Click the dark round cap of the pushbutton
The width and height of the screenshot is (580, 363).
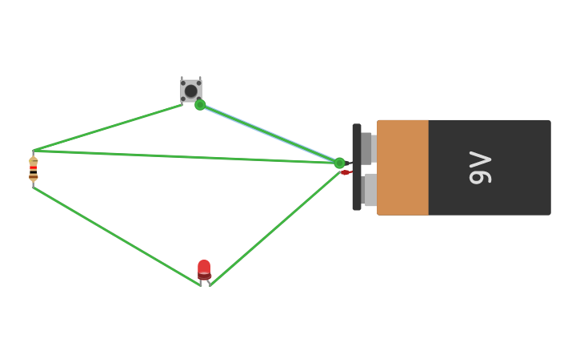(x=190, y=91)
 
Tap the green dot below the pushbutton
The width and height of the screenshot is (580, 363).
(x=200, y=105)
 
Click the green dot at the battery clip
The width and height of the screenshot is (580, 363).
(x=339, y=163)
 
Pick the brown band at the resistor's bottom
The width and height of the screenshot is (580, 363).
(x=34, y=176)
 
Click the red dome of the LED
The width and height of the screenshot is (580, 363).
(x=204, y=267)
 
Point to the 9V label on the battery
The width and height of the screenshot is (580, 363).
(x=480, y=167)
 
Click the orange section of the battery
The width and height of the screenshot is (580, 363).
(x=402, y=167)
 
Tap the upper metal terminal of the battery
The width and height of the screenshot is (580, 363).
(x=367, y=148)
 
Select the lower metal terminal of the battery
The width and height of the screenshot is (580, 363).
(x=369, y=190)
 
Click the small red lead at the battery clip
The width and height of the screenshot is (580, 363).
(x=346, y=172)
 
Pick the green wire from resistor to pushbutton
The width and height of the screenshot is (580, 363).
(x=108, y=127)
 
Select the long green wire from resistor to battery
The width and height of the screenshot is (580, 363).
(x=184, y=156)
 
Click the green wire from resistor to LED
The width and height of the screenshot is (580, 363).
(x=116, y=236)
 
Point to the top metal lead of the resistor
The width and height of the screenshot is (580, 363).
(x=33, y=153)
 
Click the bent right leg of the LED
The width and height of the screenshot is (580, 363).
(x=209, y=282)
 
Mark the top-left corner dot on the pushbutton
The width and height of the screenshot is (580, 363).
(x=183, y=82)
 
